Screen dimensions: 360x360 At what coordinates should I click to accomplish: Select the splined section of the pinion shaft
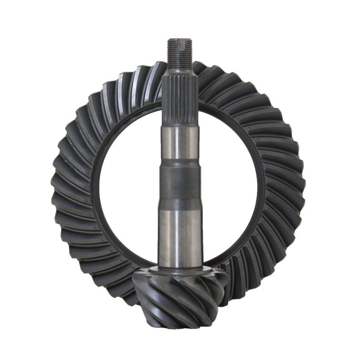pos(180,97)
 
